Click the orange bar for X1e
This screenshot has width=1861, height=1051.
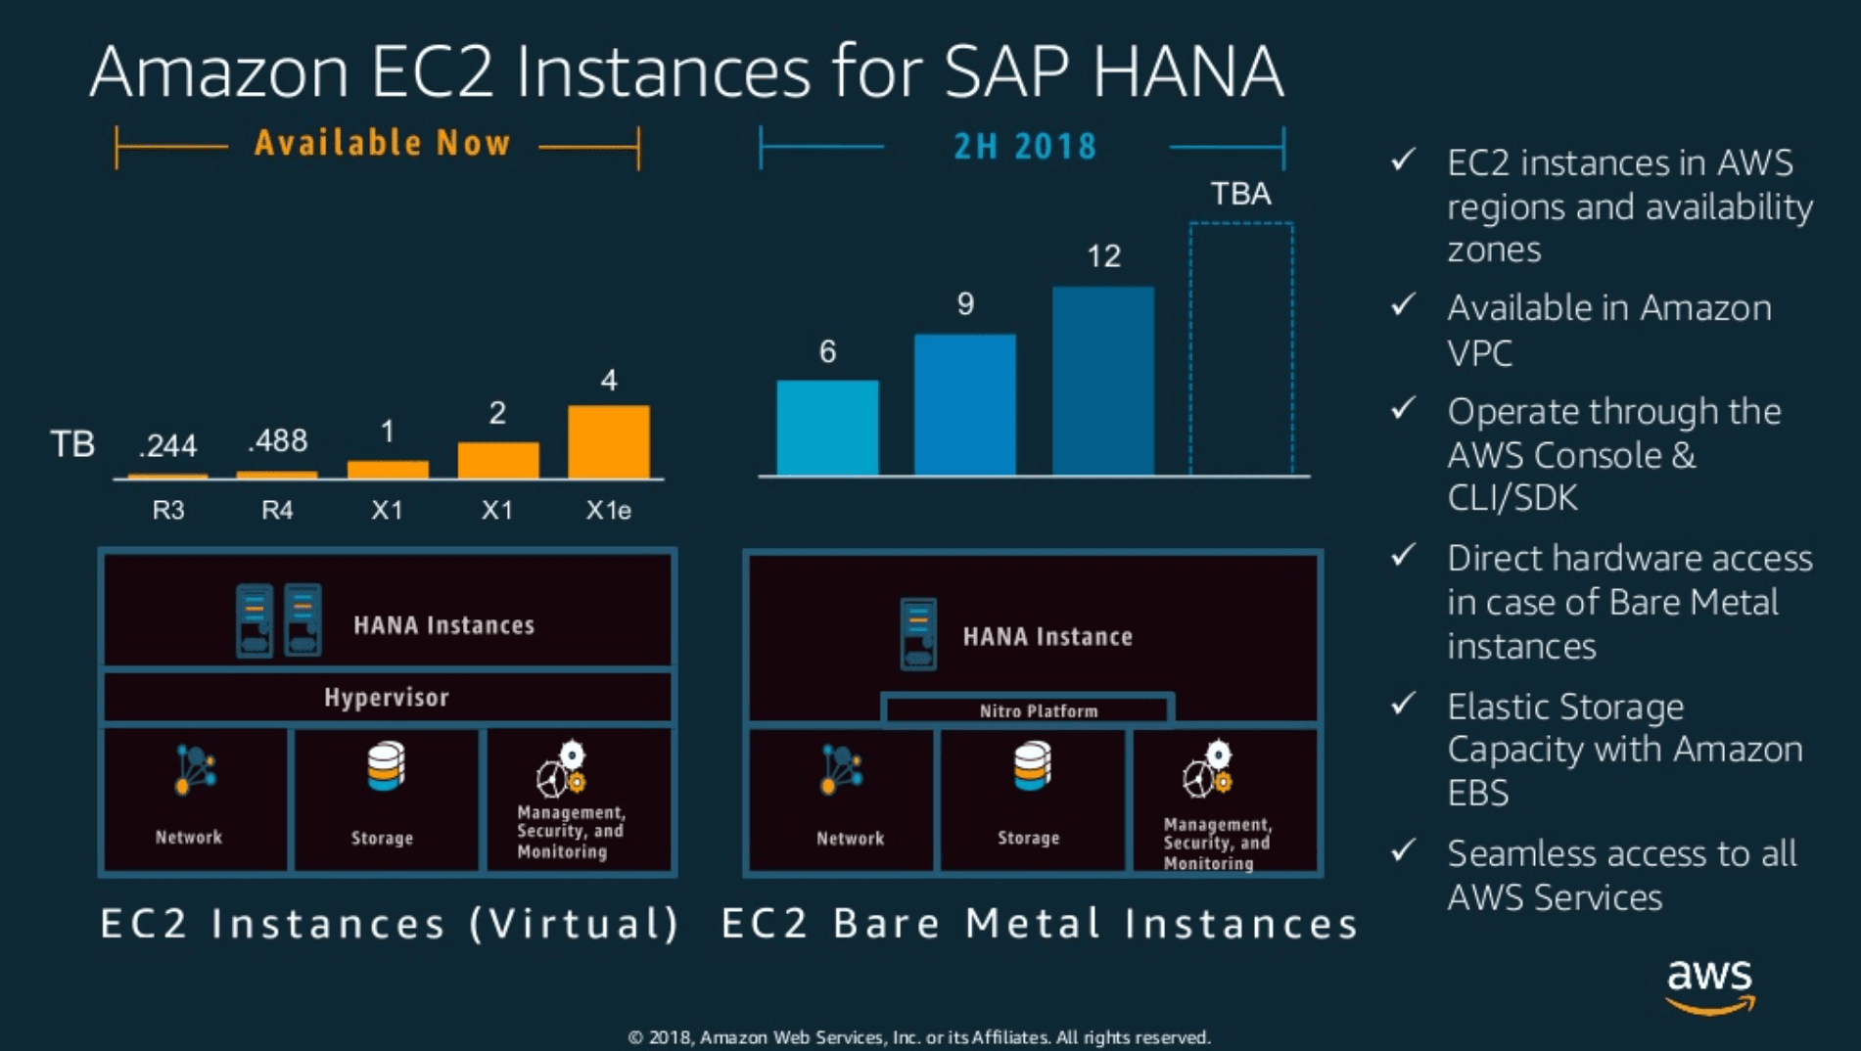tap(608, 441)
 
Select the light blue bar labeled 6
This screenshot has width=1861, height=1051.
tap(827, 428)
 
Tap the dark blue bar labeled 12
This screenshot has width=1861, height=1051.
tap(1103, 381)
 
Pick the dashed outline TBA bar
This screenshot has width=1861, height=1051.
tap(1241, 349)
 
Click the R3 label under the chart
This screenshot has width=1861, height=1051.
tap(168, 510)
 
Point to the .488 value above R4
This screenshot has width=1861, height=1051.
tap(278, 441)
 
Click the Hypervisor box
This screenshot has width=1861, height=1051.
tap(388, 697)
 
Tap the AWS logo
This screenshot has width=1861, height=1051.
tap(1710, 985)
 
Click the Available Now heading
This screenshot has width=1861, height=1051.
tap(383, 143)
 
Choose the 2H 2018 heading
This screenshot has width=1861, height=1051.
tap(1025, 147)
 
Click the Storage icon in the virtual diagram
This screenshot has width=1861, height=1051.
tap(386, 766)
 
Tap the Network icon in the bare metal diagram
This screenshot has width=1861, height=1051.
tap(842, 769)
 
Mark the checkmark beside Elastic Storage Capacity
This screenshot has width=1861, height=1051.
tap(1404, 703)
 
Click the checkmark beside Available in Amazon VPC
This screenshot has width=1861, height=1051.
tap(1404, 304)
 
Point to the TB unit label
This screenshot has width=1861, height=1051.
tap(72, 444)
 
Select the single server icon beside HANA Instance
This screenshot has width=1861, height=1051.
tap(918, 634)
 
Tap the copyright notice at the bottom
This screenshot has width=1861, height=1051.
tap(919, 1037)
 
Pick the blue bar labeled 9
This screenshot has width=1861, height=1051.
tap(965, 404)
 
